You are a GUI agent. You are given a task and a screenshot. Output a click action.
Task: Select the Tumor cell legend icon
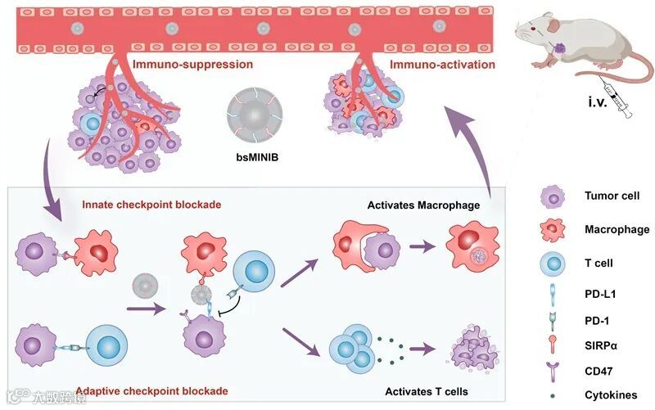click(x=551, y=196)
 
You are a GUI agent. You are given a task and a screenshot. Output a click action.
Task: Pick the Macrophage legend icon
click(x=551, y=230)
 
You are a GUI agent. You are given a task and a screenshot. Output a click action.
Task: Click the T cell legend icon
click(x=551, y=264)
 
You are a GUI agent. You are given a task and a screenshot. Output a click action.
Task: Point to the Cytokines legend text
click(x=611, y=395)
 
